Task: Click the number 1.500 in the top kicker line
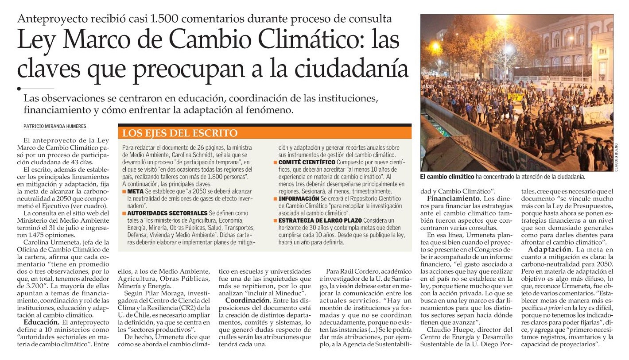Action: coord(165,19)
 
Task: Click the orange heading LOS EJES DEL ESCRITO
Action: coord(180,133)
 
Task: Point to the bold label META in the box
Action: coord(135,191)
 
